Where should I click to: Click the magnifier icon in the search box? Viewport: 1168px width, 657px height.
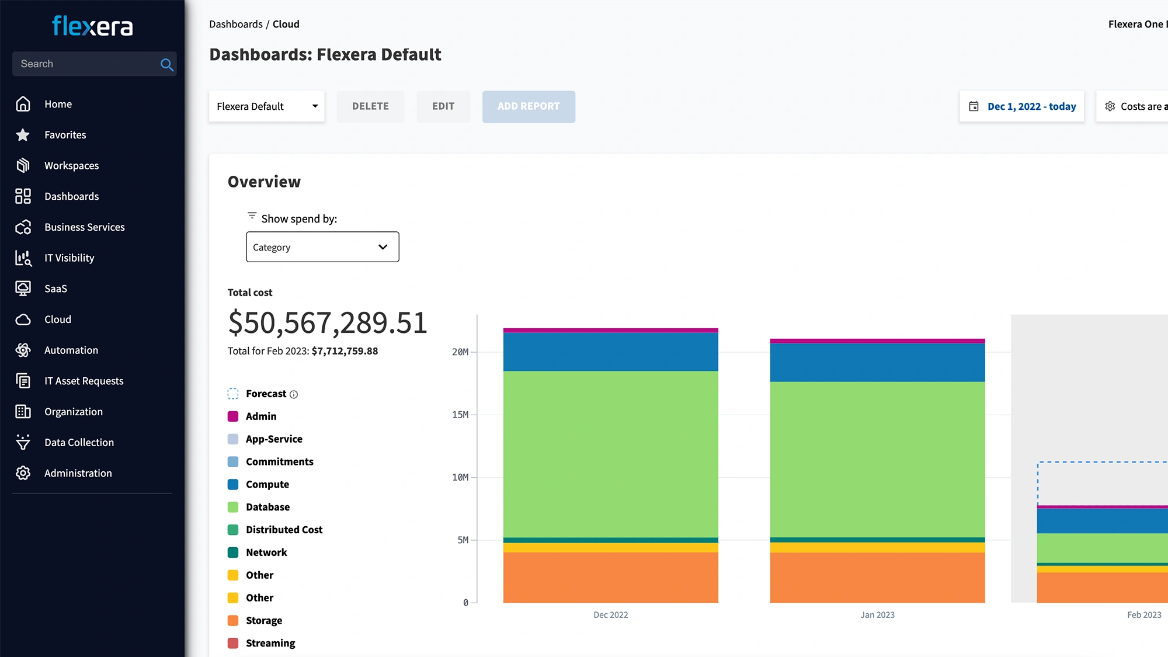(166, 65)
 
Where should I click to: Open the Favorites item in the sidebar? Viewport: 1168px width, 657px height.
(65, 135)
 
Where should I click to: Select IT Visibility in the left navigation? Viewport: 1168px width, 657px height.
(69, 258)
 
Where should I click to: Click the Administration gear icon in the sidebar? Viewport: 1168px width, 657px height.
(23, 473)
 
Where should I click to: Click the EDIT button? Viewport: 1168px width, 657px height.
(443, 106)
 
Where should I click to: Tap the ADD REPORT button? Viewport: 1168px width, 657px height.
(528, 106)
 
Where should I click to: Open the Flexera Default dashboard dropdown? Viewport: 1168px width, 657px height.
(266, 106)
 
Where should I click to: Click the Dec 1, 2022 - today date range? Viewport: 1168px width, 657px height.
(1031, 106)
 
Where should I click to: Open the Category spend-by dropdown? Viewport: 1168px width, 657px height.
(322, 247)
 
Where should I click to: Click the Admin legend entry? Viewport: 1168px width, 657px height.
(260, 416)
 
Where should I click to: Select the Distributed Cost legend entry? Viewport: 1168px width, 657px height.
(284, 530)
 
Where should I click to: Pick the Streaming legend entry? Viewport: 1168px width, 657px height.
(270, 643)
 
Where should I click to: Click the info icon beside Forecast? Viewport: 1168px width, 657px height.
(294, 395)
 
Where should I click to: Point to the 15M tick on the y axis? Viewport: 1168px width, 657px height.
(460, 415)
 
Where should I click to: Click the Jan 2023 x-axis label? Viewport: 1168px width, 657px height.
(877, 615)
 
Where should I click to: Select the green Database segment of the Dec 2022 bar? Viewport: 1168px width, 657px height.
(610, 454)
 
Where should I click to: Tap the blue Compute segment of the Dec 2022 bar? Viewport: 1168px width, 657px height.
(610, 352)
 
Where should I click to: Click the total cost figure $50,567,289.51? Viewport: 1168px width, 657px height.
(328, 323)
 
